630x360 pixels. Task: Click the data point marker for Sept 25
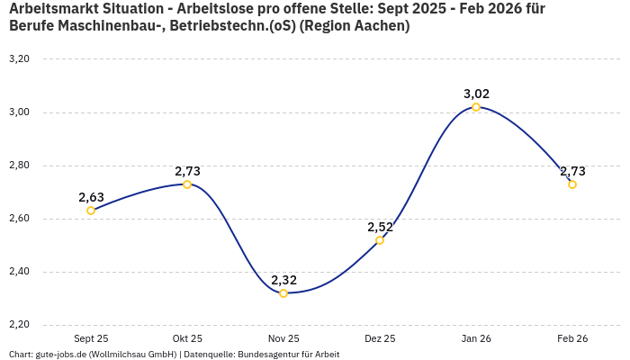tap(91, 211)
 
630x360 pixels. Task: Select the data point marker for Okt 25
tap(187, 184)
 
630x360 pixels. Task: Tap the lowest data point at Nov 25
tap(283, 293)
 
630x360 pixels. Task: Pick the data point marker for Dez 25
tap(380, 240)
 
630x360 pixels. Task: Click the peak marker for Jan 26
tap(476, 107)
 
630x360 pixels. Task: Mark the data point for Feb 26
tap(572, 184)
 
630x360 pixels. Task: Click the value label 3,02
tap(476, 94)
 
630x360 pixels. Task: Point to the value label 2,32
tap(283, 280)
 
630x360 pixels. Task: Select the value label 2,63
tap(91, 197)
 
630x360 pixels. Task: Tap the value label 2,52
tap(380, 227)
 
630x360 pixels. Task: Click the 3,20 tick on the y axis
tap(19, 59)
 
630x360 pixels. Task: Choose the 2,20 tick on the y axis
tap(19, 325)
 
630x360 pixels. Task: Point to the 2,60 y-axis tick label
tap(19, 219)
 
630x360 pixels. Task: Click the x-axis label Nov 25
tap(283, 338)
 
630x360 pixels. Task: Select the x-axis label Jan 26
tap(476, 338)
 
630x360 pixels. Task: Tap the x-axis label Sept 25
tap(91, 338)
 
